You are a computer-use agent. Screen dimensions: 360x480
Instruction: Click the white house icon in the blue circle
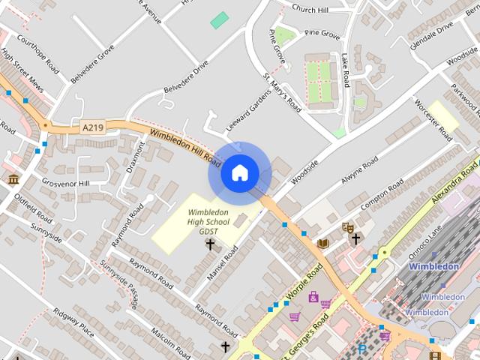(x=239, y=173)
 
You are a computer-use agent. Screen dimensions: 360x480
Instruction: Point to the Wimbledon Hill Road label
(x=185, y=146)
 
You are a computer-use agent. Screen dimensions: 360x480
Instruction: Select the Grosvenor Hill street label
(x=65, y=183)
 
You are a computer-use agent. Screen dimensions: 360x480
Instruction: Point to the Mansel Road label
(x=221, y=263)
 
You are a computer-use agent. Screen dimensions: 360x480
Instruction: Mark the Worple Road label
(x=304, y=283)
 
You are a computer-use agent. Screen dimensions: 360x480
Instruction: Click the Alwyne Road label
(x=360, y=171)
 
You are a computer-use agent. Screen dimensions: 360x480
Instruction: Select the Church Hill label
(x=310, y=9)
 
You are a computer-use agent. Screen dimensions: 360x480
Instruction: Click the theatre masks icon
(x=347, y=226)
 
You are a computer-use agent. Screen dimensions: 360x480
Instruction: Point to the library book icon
(x=323, y=243)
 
